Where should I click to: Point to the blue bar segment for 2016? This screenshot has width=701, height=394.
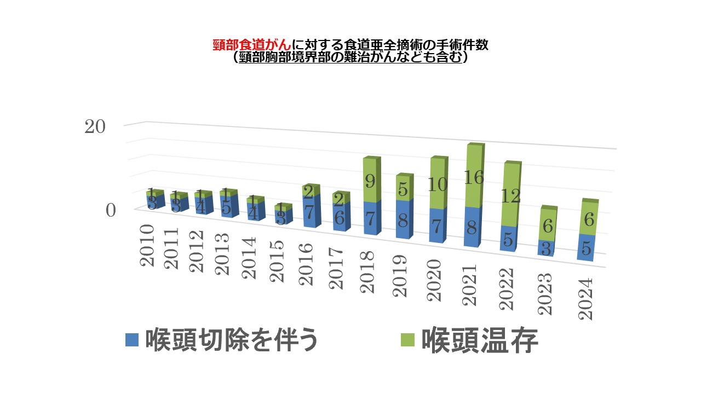click(309, 211)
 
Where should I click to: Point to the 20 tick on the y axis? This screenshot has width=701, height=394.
click(94, 126)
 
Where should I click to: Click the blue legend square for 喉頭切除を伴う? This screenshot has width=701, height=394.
click(133, 340)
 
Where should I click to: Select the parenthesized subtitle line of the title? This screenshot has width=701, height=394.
click(350, 57)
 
